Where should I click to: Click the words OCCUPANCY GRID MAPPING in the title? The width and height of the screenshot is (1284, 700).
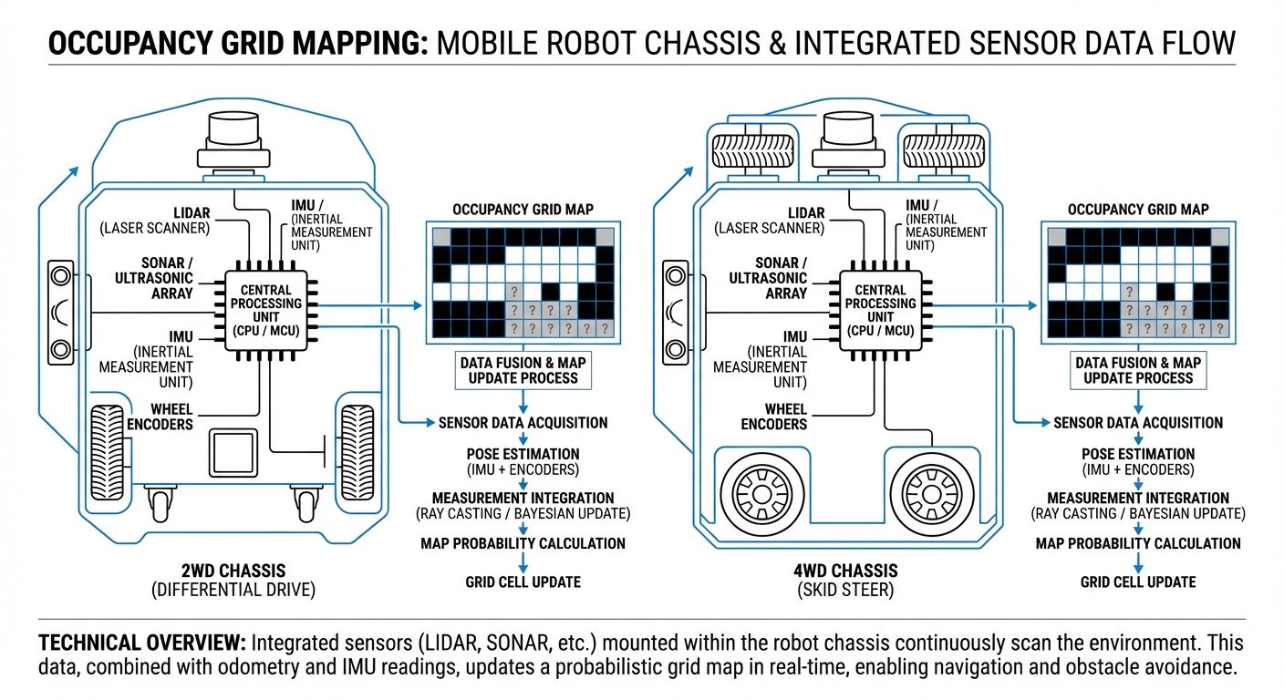pyautogui.click(x=234, y=43)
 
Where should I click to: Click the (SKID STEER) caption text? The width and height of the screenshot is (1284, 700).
pyautogui.click(x=847, y=590)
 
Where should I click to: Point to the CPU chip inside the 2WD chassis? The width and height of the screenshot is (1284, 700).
pyautogui.click(x=265, y=311)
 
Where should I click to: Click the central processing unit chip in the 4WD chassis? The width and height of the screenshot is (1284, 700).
pyautogui.click(x=880, y=311)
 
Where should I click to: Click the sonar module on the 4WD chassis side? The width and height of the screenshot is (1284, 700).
pyautogui.click(x=676, y=312)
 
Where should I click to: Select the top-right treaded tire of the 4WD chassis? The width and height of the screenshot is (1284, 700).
pyautogui.click(x=937, y=149)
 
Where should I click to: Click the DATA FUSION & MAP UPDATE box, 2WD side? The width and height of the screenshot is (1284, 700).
pyautogui.click(x=523, y=370)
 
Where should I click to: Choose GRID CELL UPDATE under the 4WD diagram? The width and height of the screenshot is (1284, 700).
pyautogui.click(x=1137, y=582)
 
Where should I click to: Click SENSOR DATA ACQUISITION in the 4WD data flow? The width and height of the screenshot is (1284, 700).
pyautogui.click(x=1137, y=423)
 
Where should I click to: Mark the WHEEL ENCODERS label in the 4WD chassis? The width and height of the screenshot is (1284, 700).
pyautogui.click(x=773, y=416)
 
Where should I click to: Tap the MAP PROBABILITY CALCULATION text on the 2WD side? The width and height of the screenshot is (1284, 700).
pyautogui.click(x=523, y=543)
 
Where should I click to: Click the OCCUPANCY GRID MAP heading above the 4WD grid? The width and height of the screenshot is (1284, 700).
pyautogui.click(x=1137, y=210)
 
